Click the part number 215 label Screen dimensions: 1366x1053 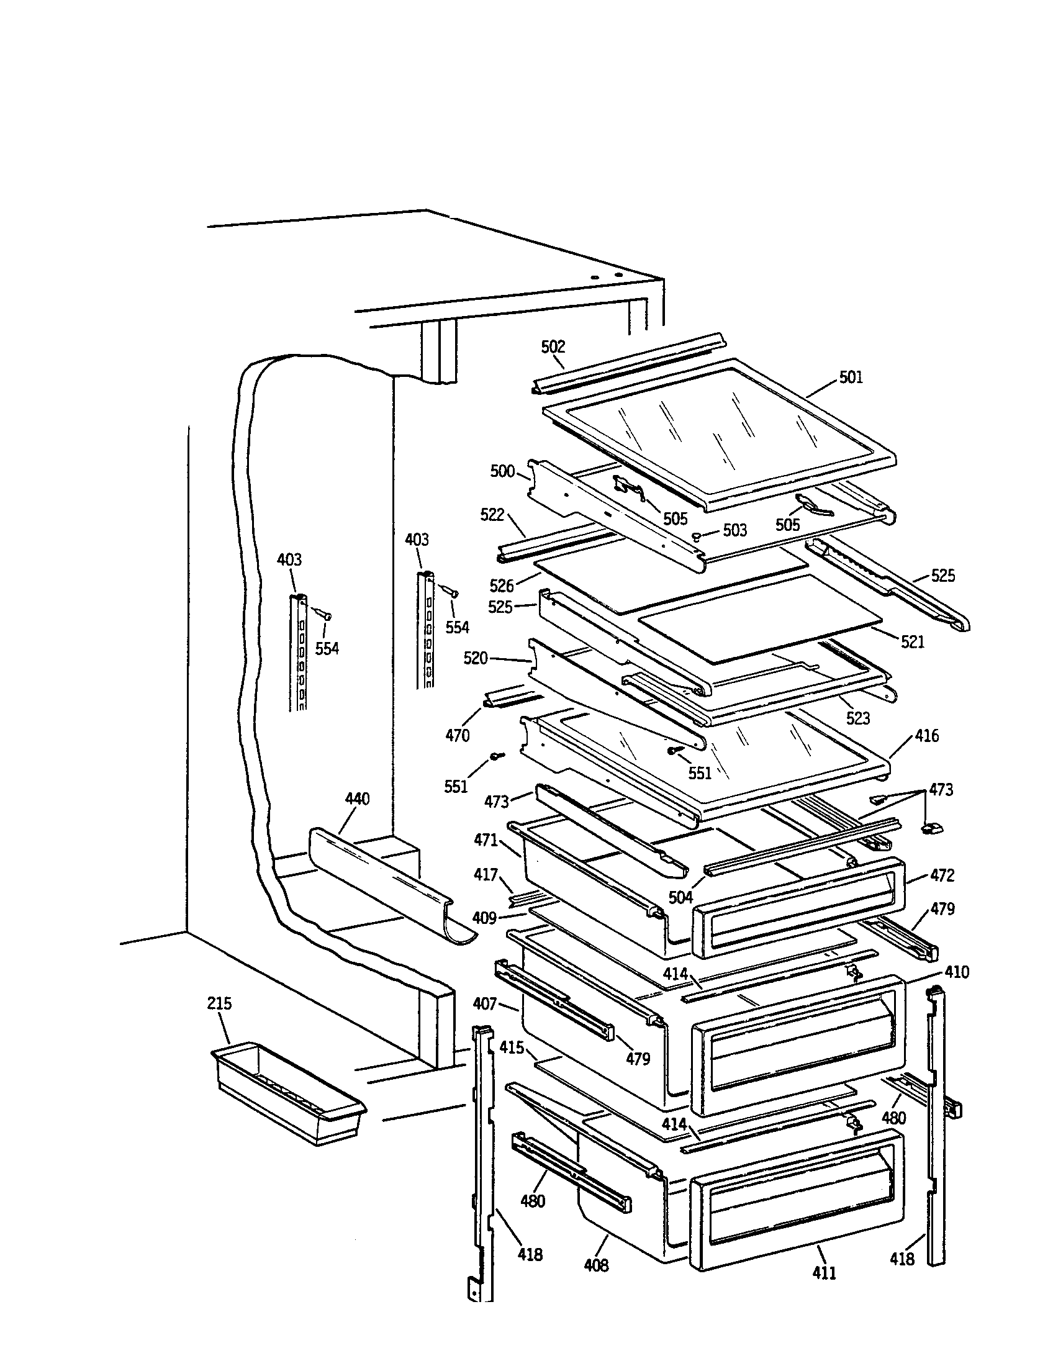click(x=220, y=1003)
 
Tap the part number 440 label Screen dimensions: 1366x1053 click(x=357, y=798)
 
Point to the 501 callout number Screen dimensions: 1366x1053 click(x=851, y=376)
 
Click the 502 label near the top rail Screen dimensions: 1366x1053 click(x=553, y=346)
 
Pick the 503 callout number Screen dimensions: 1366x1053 click(x=734, y=530)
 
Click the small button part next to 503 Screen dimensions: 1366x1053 click(x=696, y=535)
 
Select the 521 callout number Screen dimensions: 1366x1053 click(x=912, y=641)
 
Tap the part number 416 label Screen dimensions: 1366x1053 click(x=927, y=736)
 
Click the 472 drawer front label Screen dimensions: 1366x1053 click(x=942, y=875)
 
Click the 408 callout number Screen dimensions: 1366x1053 click(x=596, y=1265)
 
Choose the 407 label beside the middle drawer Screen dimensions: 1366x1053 click(x=486, y=1004)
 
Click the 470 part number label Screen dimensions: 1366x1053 click(x=458, y=736)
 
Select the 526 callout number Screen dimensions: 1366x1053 click(x=502, y=586)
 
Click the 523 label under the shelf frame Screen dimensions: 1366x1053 click(x=858, y=718)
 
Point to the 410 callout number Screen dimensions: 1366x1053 click(x=957, y=972)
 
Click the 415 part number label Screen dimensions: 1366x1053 click(x=512, y=1047)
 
